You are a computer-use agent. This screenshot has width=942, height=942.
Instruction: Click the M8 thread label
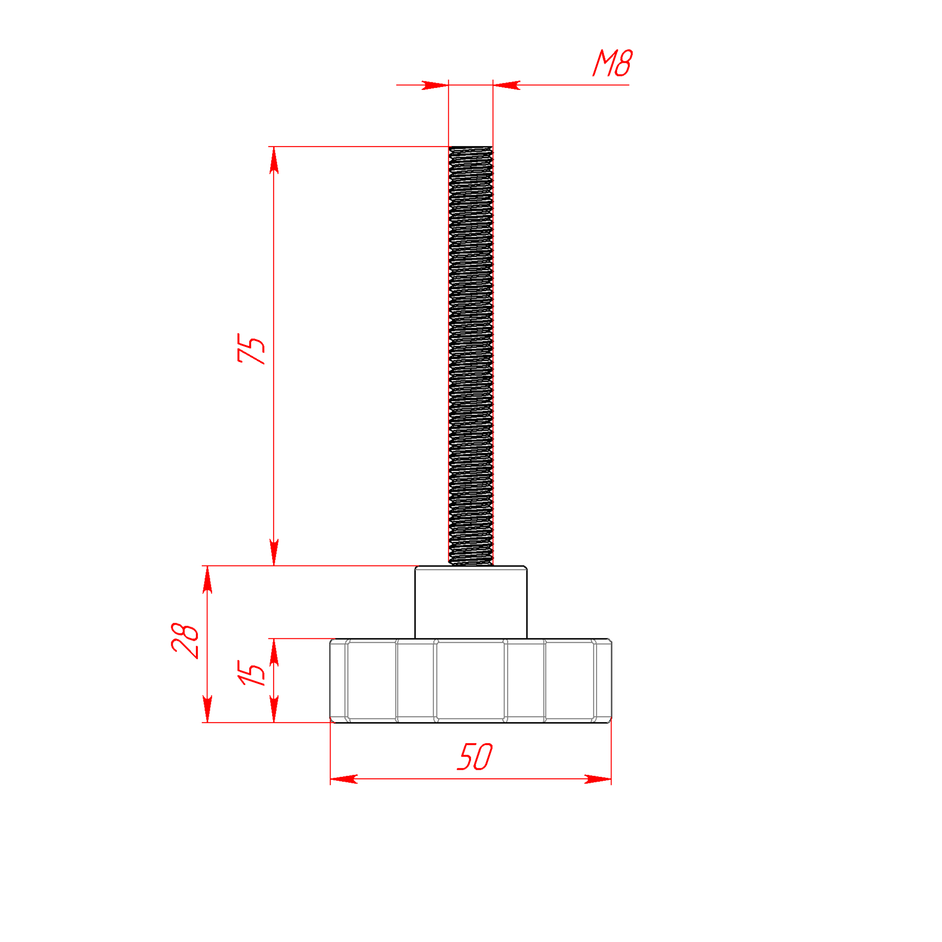[x=612, y=63]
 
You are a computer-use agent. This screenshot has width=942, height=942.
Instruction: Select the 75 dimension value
[x=251, y=349]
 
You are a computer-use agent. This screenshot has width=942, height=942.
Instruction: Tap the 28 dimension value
[x=185, y=641]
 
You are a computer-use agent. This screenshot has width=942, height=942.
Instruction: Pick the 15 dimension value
[x=252, y=673]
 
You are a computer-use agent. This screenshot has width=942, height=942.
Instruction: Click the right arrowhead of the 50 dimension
[x=598, y=779]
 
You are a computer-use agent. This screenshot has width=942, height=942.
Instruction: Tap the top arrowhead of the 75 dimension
[x=274, y=160]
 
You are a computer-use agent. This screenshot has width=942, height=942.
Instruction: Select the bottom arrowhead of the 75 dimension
[x=274, y=552]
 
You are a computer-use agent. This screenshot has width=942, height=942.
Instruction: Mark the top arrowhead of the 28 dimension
[x=207, y=579]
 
